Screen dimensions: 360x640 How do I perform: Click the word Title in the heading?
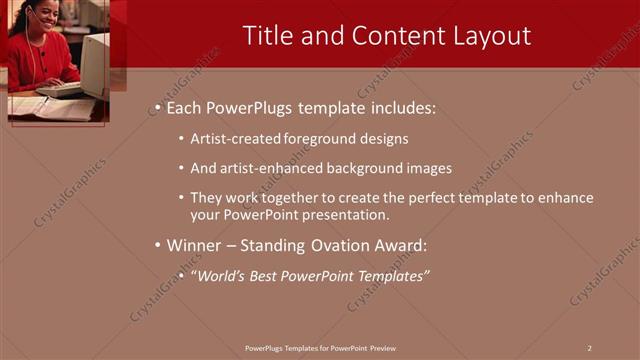pos(268,36)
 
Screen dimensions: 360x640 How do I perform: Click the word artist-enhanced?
pos(268,168)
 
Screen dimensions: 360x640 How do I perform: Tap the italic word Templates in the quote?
pos(391,276)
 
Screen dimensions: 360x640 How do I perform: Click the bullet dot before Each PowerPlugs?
pos(158,107)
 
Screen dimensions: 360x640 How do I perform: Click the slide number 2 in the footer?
pos(589,347)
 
